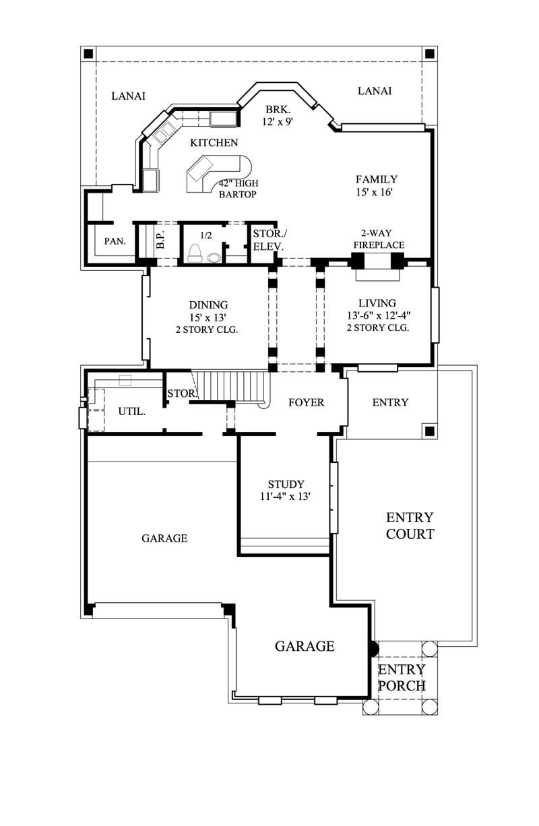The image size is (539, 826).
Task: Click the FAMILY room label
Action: point(376,179)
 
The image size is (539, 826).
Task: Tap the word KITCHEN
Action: point(214,143)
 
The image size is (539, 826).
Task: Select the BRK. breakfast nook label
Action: point(277,109)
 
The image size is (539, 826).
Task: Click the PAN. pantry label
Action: point(111,241)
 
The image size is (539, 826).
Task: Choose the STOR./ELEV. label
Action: point(268,240)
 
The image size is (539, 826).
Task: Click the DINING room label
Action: point(208,305)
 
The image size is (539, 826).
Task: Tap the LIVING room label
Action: point(377,303)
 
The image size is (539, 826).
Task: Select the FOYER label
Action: point(306,403)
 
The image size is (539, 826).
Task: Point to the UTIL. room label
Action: point(132,411)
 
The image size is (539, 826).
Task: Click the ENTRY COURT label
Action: point(409,526)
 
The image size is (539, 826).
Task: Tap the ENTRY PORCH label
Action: point(402,678)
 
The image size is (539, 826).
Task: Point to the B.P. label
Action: point(160,241)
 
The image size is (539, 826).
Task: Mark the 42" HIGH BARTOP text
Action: point(238,189)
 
